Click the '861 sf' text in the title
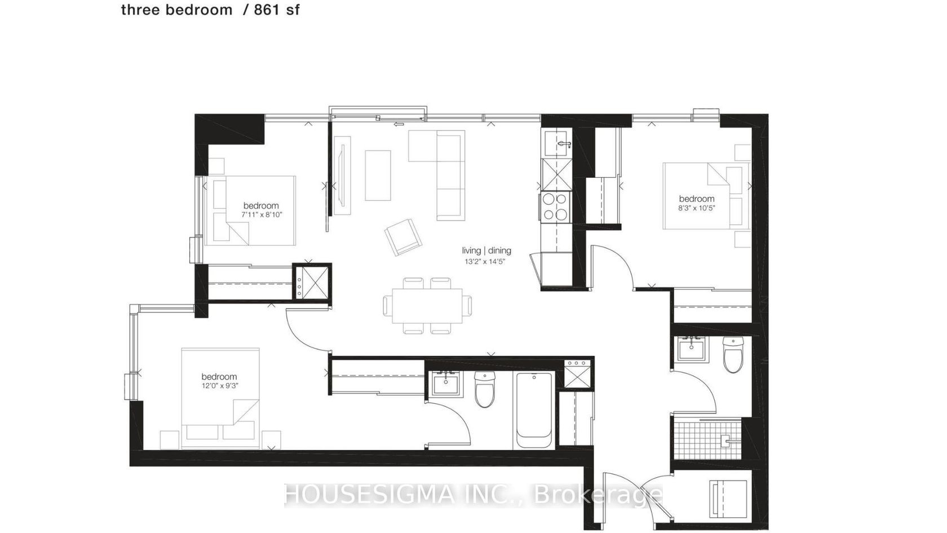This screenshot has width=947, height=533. coord(277,10)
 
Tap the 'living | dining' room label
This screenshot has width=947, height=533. coord(486,250)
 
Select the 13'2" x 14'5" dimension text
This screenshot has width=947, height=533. coord(485,262)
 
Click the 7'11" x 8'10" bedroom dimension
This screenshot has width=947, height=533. coord(262,214)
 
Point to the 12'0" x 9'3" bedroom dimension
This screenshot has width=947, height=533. coord(220,386)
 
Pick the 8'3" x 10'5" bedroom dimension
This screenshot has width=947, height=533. coord(696,208)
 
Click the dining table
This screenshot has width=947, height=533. coord(427,306)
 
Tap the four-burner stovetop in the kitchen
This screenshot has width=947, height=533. coord(556,206)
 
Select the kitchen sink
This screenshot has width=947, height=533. coord(556,143)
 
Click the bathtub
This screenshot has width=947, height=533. coord(534,411)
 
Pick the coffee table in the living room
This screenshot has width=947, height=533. coord(378,175)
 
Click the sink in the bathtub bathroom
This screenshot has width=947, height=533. coord(446,384)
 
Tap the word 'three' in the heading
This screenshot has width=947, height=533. coord(141,10)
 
